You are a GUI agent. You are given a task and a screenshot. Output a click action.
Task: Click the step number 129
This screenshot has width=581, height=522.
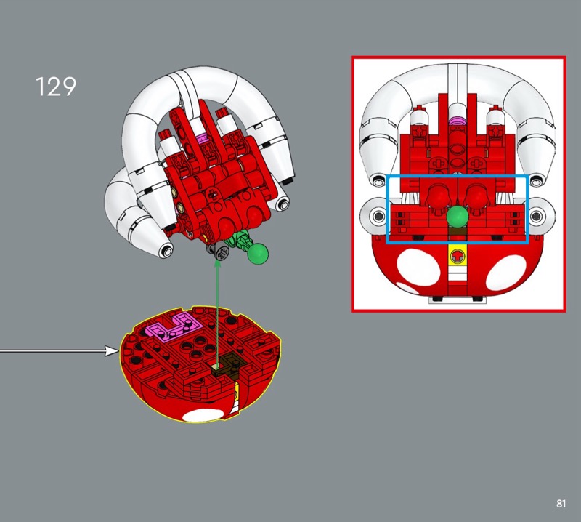(x=56, y=87)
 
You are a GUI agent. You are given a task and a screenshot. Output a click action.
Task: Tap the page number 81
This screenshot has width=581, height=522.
(x=561, y=503)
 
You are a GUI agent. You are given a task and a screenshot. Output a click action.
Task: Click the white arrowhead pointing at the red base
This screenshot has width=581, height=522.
(x=112, y=350)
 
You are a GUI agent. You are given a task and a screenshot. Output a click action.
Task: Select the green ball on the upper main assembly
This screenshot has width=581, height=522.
(x=258, y=254)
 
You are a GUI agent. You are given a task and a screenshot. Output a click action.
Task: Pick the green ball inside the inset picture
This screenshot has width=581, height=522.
(x=458, y=217)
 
